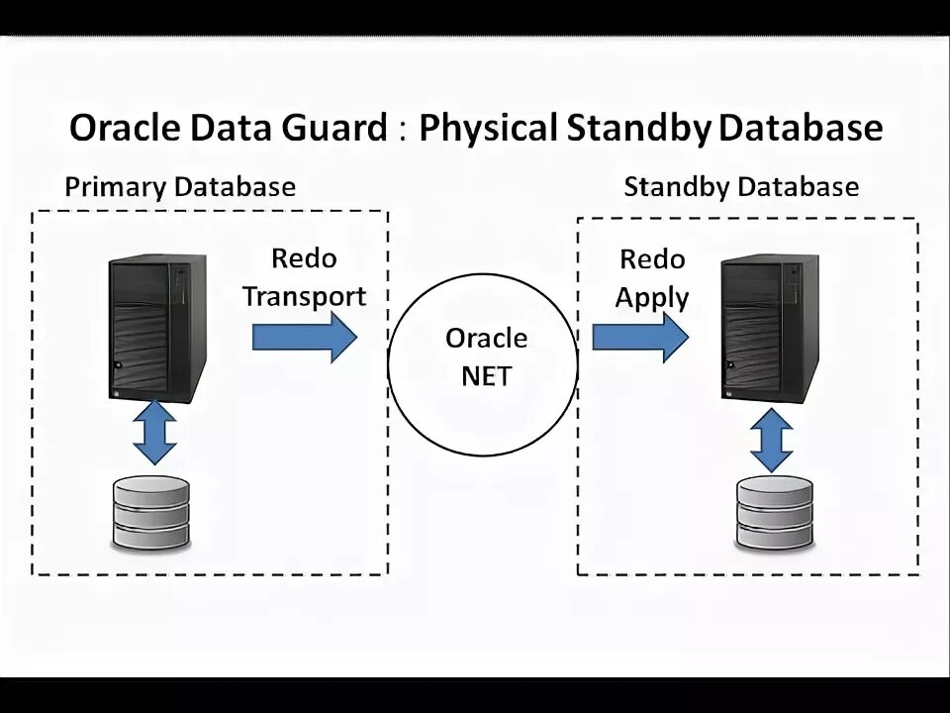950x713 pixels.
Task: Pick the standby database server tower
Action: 769,328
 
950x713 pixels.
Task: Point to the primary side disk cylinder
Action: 151,514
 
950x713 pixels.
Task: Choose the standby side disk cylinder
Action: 775,513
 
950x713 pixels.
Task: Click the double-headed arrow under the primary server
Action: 153,432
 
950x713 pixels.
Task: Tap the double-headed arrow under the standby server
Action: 771,442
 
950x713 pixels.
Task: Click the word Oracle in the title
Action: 124,129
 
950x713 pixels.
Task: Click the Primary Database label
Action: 180,186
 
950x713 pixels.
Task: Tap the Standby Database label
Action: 741,186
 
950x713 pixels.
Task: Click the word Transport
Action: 304,296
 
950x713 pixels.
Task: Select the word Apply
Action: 651,297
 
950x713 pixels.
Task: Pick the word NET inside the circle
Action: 486,377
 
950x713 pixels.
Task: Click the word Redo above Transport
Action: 304,258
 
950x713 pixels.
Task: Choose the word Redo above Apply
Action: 651,259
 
